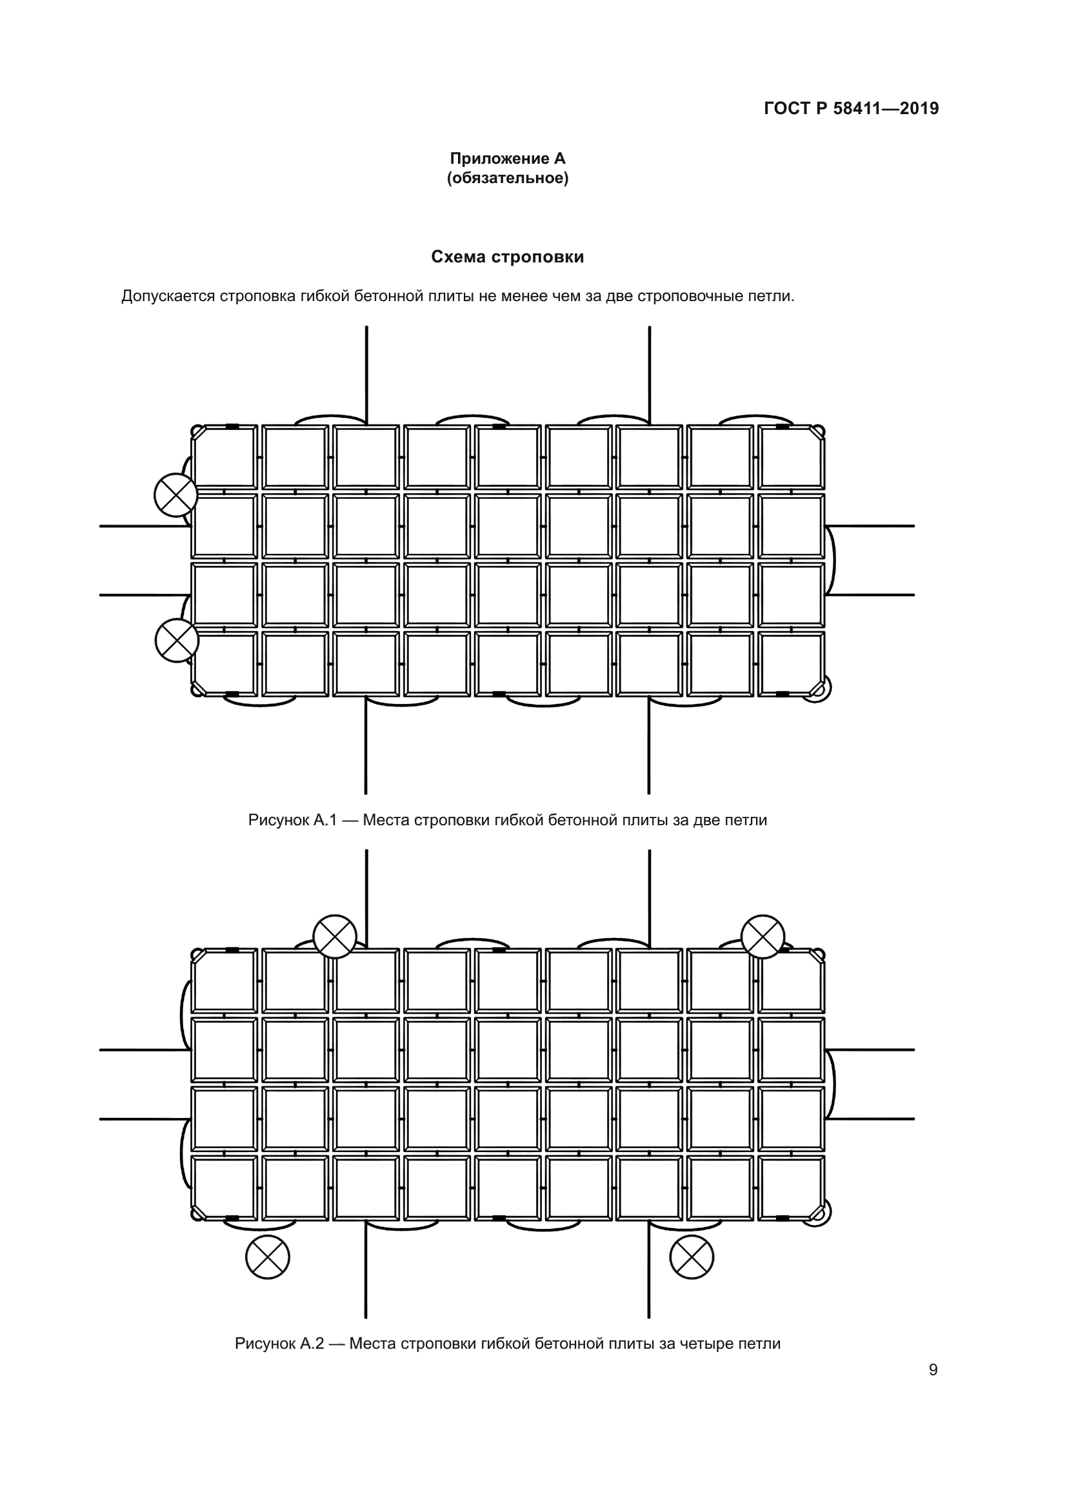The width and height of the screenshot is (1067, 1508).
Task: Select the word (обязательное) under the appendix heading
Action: (x=507, y=178)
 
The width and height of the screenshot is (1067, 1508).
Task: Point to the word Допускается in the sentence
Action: (x=168, y=296)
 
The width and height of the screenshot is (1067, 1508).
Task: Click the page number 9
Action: (x=933, y=1369)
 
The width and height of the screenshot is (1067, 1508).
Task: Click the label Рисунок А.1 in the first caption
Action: (x=292, y=819)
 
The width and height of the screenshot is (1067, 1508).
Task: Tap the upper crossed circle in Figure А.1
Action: (x=175, y=495)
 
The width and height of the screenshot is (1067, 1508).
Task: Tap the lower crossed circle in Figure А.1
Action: (x=177, y=640)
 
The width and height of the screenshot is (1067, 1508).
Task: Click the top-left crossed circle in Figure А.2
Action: (x=334, y=937)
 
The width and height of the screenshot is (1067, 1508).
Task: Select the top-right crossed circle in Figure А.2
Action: (x=763, y=937)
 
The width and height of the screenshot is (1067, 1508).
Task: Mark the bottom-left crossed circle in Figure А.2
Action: (x=268, y=1257)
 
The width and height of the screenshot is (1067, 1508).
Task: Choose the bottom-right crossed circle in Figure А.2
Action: (x=691, y=1257)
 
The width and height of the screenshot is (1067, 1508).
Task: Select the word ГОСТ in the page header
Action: (x=787, y=108)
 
